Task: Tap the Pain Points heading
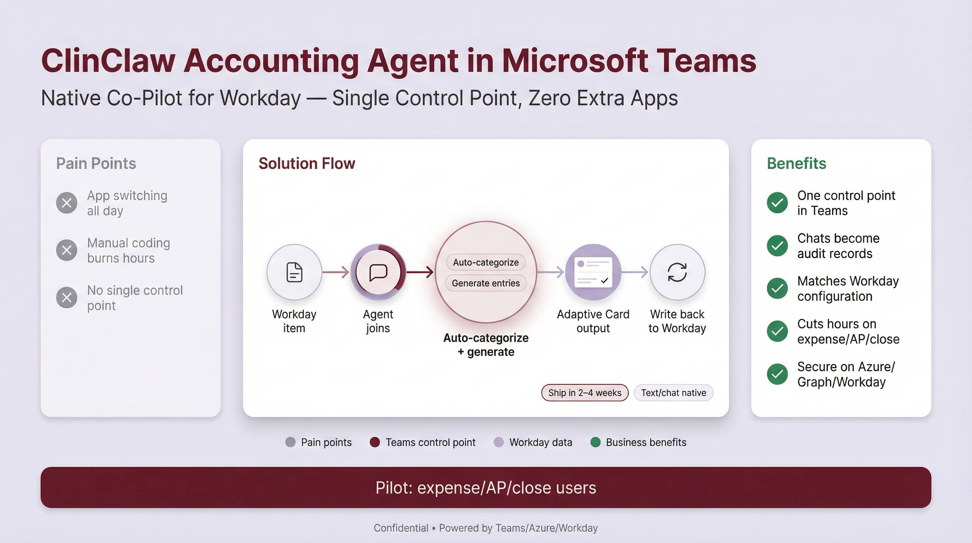pyautogui.click(x=96, y=164)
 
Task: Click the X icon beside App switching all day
pyautogui.click(x=67, y=203)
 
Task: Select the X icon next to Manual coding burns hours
pyautogui.click(x=67, y=250)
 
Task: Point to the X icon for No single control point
pyautogui.click(x=67, y=298)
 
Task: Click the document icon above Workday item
pyautogui.click(x=294, y=272)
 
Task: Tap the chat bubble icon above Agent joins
pyautogui.click(x=378, y=272)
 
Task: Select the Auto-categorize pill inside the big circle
pyautogui.click(x=486, y=262)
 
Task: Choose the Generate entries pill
pyautogui.click(x=486, y=283)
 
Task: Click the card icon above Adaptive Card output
pyautogui.click(x=593, y=272)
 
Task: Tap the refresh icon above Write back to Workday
pyautogui.click(x=677, y=272)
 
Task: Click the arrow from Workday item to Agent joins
pyautogui.click(x=336, y=272)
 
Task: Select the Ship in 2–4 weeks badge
pyautogui.click(x=585, y=393)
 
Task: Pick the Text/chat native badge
pyautogui.click(x=674, y=393)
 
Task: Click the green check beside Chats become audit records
pyautogui.click(x=777, y=246)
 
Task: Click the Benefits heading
pyautogui.click(x=796, y=164)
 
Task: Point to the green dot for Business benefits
pyautogui.click(x=595, y=442)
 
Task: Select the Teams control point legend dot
pyautogui.click(x=375, y=442)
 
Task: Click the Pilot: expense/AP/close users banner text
pyautogui.click(x=486, y=488)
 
